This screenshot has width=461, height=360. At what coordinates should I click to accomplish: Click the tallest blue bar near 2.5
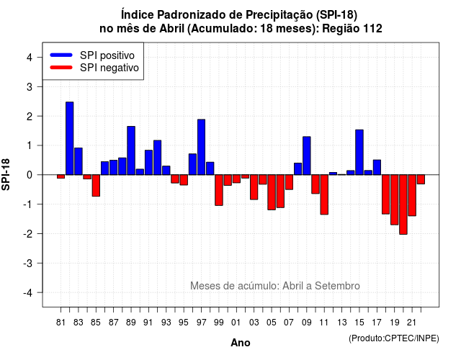(x=70, y=138)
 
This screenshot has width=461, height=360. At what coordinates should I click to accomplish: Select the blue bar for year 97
(x=202, y=147)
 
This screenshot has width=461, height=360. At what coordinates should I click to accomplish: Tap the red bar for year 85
(x=96, y=186)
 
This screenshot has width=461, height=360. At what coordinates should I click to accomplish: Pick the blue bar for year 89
(x=131, y=150)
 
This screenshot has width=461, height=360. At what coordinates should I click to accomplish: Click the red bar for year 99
(x=219, y=190)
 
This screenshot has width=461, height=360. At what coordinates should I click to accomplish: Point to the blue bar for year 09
(x=307, y=156)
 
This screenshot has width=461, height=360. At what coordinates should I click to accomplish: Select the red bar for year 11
(x=324, y=194)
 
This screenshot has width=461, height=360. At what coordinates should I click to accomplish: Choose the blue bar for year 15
(x=359, y=152)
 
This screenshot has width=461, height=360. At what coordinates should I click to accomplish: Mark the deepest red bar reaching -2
(x=403, y=204)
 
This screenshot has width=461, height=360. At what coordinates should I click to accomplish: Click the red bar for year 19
(x=394, y=200)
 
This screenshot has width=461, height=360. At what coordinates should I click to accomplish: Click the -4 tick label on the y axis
(x=29, y=293)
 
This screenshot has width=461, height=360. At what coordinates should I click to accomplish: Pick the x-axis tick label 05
(x=272, y=323)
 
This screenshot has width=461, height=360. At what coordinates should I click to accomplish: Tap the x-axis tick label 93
(x=166, y=323)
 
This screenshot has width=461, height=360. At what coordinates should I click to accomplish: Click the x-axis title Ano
(x=241, y=343)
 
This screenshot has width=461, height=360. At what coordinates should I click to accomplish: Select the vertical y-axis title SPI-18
(x=6, y=174)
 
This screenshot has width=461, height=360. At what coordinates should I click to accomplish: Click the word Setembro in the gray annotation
(x=337, y=286)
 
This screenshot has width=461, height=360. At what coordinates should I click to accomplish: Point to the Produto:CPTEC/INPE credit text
(x=394, y=338)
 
